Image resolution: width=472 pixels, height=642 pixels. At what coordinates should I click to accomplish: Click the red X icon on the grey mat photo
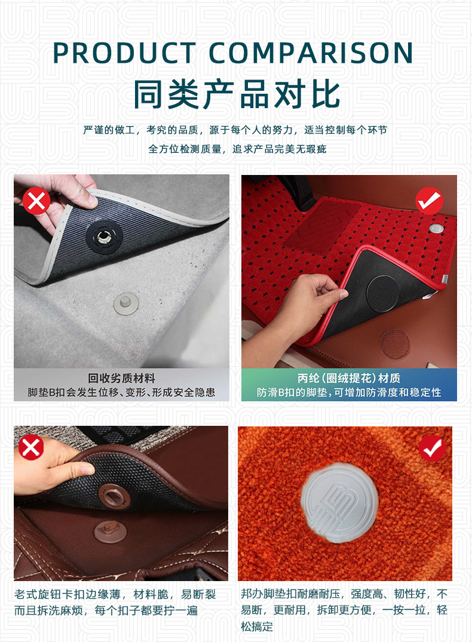(x=36, y=201)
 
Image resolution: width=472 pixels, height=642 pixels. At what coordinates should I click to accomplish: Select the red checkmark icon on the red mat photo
(x=428, y=201)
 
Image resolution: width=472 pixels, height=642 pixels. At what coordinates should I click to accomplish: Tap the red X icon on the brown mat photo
(x=31, y=447)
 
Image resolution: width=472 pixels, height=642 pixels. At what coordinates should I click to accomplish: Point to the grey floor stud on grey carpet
(x=126, y=302)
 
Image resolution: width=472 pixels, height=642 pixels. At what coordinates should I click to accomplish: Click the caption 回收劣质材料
(x=121, y=378)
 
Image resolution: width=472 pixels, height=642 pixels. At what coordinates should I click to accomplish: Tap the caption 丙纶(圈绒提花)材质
(x=349, y=378)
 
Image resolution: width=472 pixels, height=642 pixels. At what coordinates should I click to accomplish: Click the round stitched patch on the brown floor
(x=394, y=342)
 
